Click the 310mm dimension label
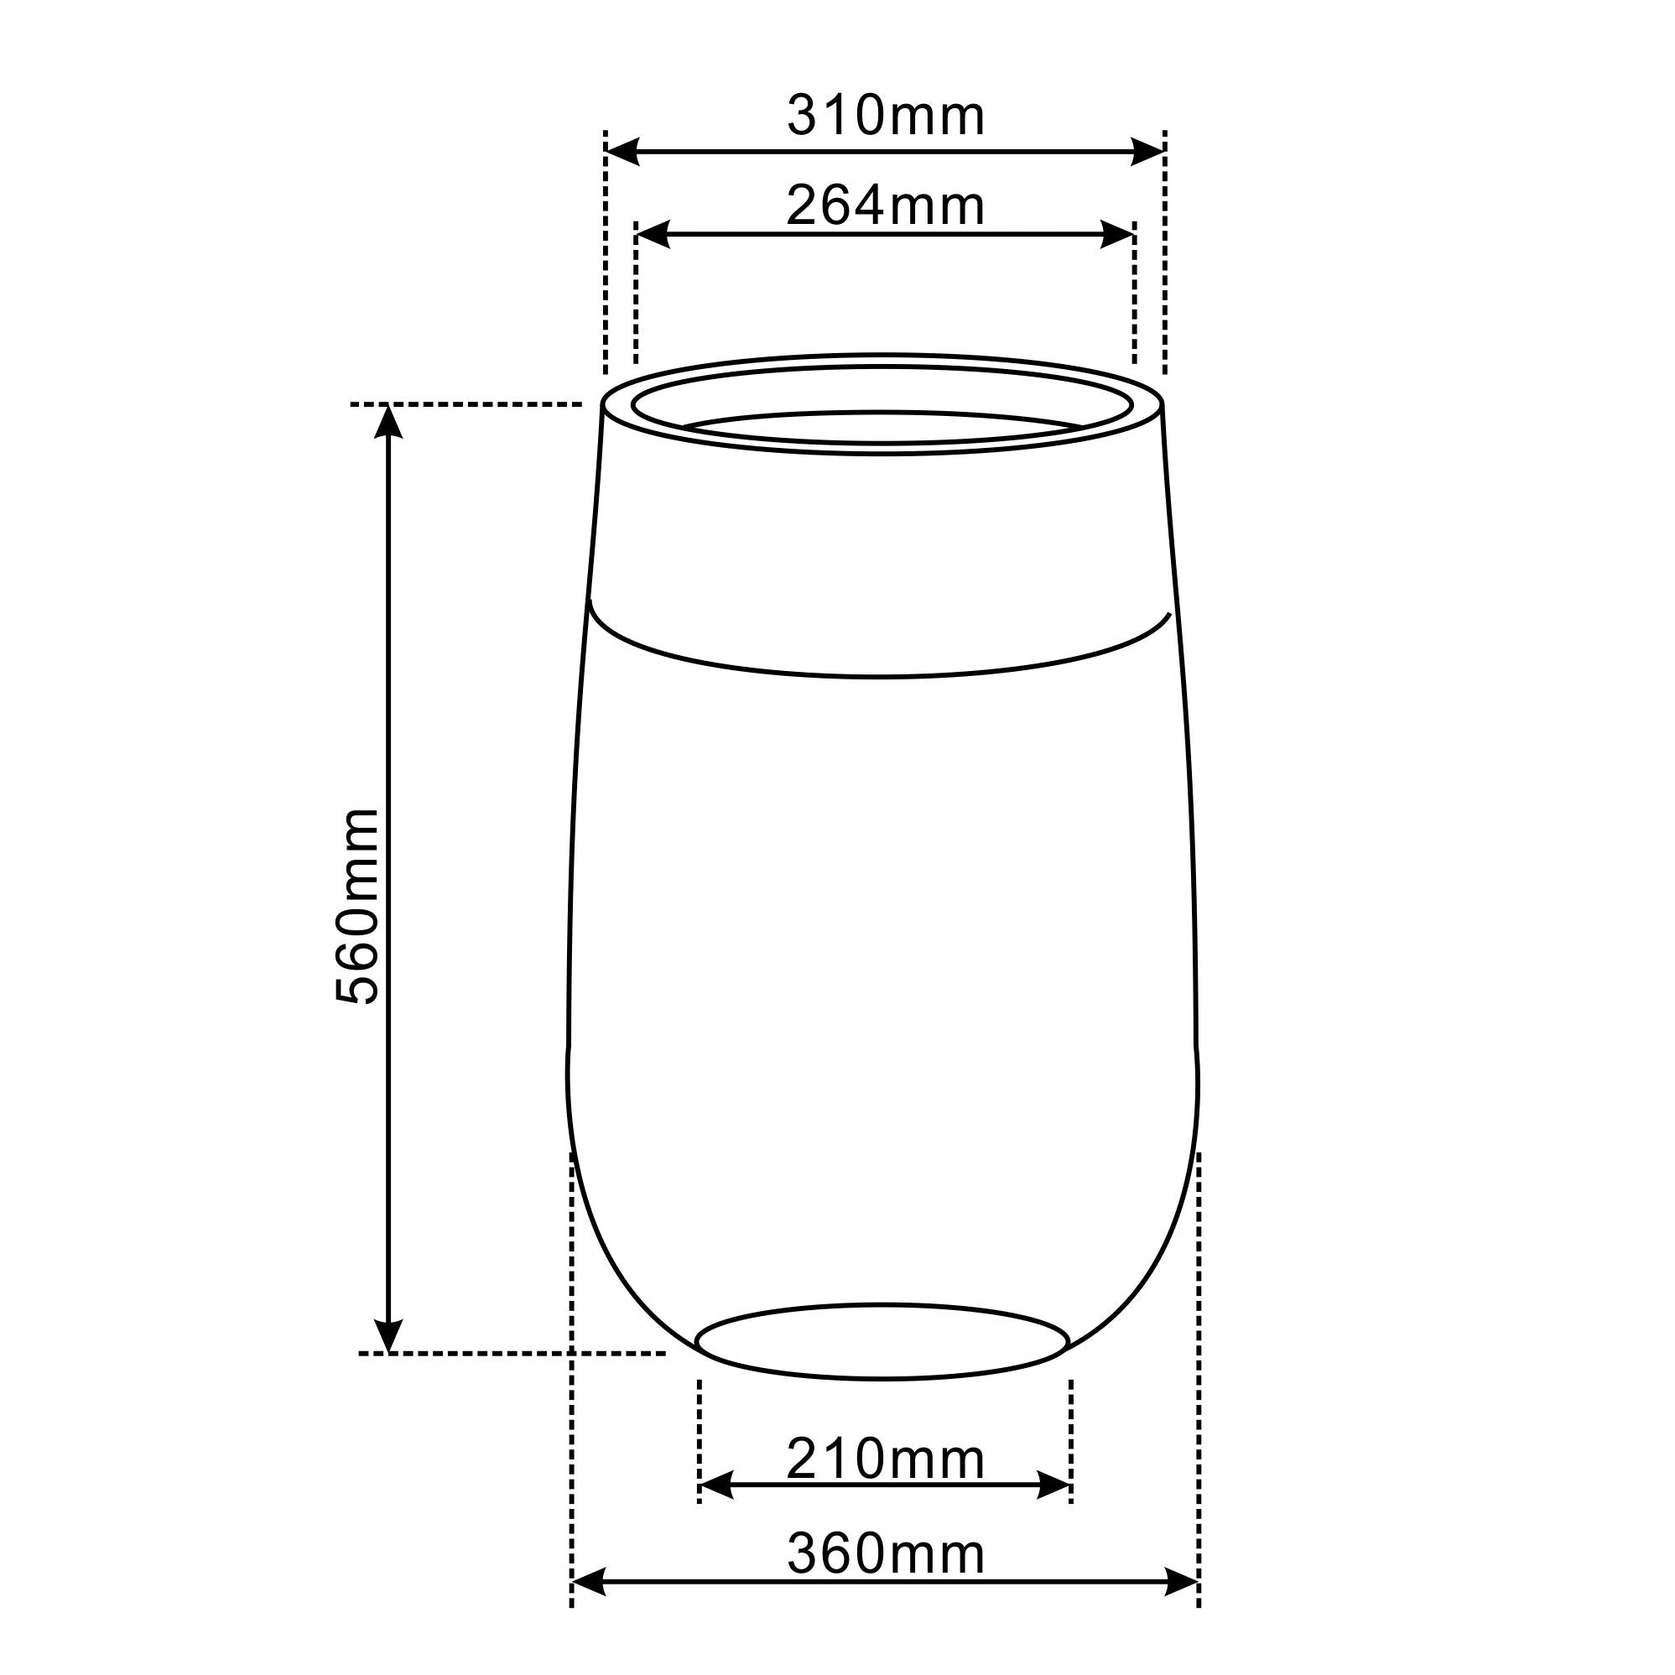[x=885, y=117]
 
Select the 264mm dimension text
[x=885, y=207]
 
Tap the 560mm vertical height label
[x=357, y=906]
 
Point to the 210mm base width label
[x=885, y=1459]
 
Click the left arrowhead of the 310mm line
[x=621, y=152]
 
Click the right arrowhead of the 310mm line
[x=1148, y=152]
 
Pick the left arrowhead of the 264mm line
[x=652, y=234]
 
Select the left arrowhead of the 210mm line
[x=715, y=1486]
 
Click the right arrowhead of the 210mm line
[x=1055, y=1486]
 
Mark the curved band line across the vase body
[x=880, y=675]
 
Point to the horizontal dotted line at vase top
[x=466, y=404]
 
